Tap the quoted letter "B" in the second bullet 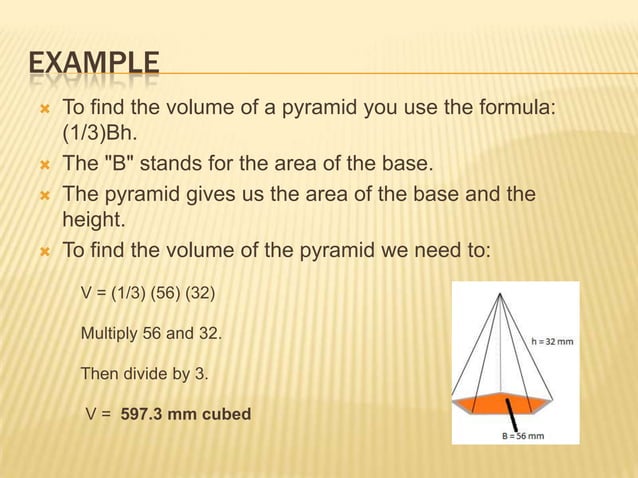pyautogui.click(x=112, y=163)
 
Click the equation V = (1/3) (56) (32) pyautogui.click(x=146, y=294)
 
